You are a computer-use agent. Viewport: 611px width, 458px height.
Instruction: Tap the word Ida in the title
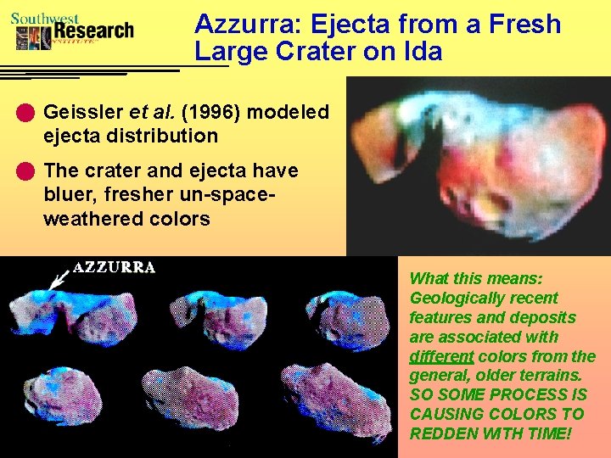[423, 52]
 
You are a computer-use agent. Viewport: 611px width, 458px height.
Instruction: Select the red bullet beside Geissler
[30, 112]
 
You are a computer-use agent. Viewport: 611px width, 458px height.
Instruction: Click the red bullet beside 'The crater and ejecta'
[30, 171]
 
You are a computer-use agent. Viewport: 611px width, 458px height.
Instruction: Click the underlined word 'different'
[441, 356]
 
